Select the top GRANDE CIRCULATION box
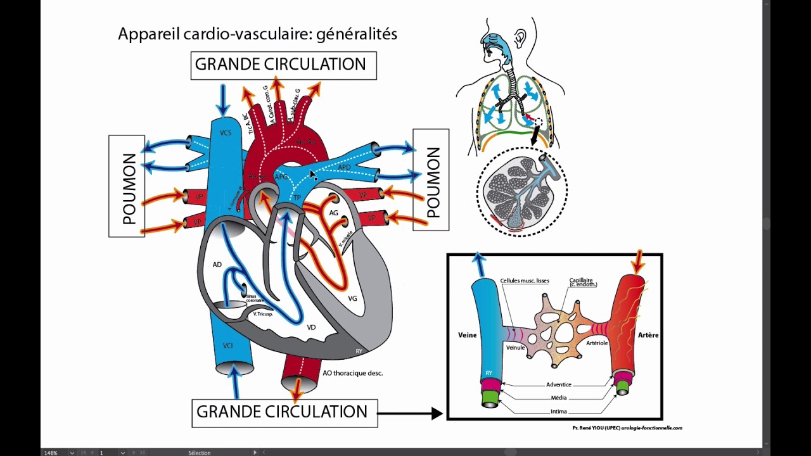point(283,65)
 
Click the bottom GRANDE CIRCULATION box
point(284,412)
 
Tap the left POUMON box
point(127,186)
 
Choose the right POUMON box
point(431,180)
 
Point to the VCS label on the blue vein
point(226,133)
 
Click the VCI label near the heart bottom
point(228,346)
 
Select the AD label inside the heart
point(217,264)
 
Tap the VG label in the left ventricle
point(352,297)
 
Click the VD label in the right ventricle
point(311,327)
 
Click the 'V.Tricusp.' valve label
point(263,313)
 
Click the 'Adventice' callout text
point(558,384)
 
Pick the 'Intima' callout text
point(558,411)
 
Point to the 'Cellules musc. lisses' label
point(524,281)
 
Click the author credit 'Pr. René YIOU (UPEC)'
point(596,428)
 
